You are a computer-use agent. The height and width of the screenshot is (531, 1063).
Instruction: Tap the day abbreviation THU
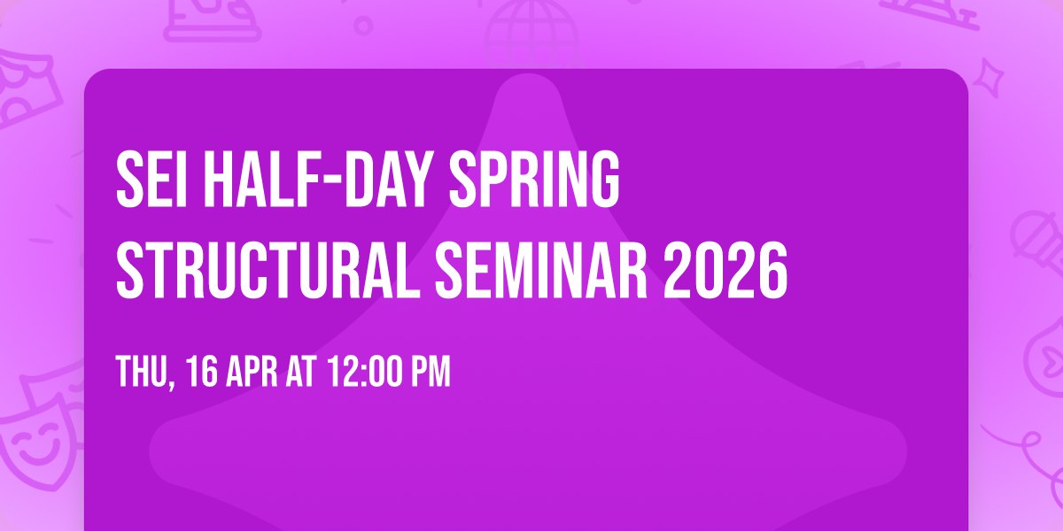tap(139, 372)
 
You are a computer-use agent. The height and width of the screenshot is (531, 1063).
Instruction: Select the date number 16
tap(198, 372)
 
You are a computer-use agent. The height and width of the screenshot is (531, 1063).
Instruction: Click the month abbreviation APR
tap(251, 372)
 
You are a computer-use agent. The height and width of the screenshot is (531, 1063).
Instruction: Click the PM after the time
tap(431, 372)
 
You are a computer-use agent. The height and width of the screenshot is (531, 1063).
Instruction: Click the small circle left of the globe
tap(363, 25)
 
